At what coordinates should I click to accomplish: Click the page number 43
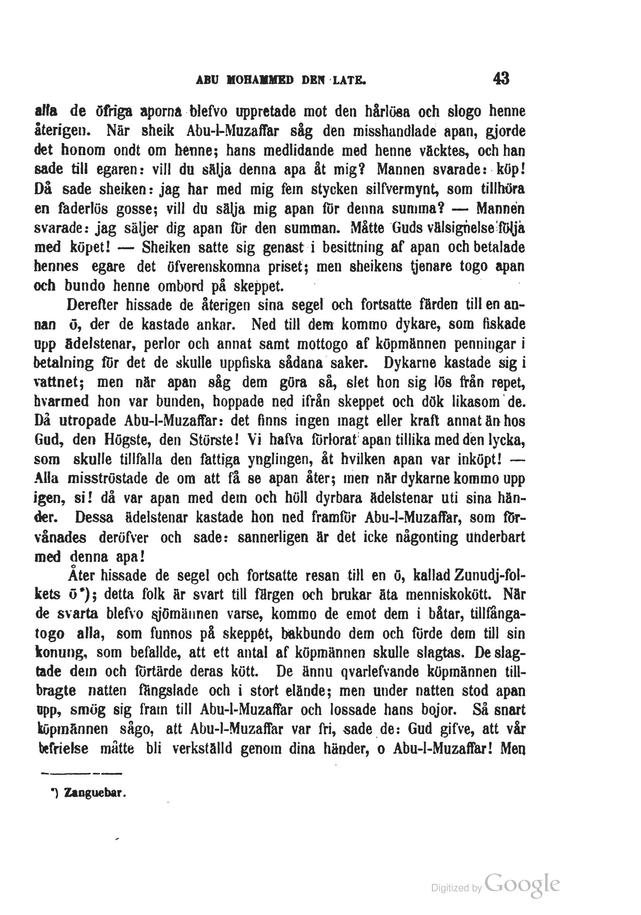coord(501,79)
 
